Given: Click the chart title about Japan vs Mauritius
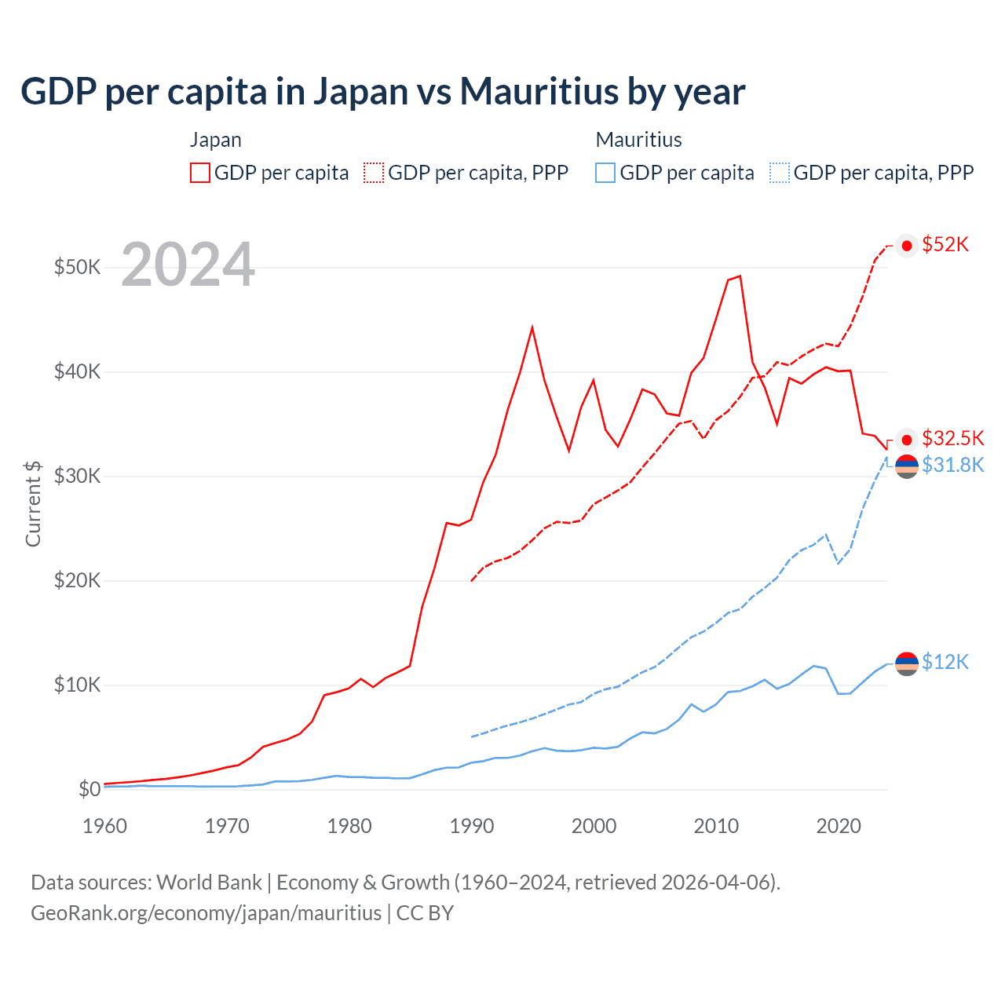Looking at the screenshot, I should (x=382, y=92).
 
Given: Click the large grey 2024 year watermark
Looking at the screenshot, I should (x=188, y=265).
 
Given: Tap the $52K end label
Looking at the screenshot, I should (x=945, y=245).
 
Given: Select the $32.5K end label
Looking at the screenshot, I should (x=952, y=438).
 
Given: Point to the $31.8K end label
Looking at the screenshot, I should (x=952, y=466).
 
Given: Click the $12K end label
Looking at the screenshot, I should (x=945, y=663).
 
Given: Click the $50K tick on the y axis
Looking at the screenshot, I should (x=77, y=267).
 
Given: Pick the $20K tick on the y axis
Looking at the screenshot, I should (x=77, y=580).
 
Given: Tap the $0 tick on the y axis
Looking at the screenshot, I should (x=89, y=789).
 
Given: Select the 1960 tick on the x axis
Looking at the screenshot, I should (x=104, y=826).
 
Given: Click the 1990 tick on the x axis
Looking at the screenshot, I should (x=472, y=826).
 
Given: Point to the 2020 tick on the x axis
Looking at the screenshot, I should (x=839, y=826).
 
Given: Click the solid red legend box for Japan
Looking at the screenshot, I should (x=200, y=173).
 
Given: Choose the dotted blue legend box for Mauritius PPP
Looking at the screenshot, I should (x=780, y=173).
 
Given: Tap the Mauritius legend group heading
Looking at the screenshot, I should (x=638, y=140).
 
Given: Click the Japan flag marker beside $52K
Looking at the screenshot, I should (x=907, y=246).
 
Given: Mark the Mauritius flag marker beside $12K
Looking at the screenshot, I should (x=907, y=663).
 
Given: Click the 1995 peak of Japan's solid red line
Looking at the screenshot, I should (x=532, y=327).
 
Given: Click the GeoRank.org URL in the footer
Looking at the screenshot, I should (x=206, y=913).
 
